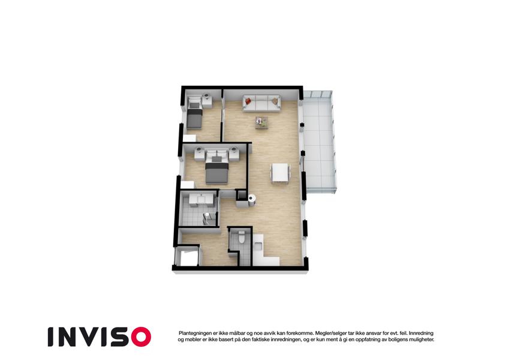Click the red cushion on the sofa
(x=248, y=101)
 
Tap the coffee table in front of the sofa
(x=261, y=122)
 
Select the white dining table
(x=281, y=173)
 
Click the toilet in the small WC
(x=241, y=237)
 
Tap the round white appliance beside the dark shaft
(x=252, y=198)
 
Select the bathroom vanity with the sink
(x=198, y=199)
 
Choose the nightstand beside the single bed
(x=207, y=101)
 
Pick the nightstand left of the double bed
(x=199, y=154)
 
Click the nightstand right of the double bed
(x=234, y=154)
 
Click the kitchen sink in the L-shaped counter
(x=259, y=246)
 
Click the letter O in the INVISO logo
(x=141, y=337)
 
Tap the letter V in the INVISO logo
(x=88, y=337)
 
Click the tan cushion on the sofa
(x=275, y=101)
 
